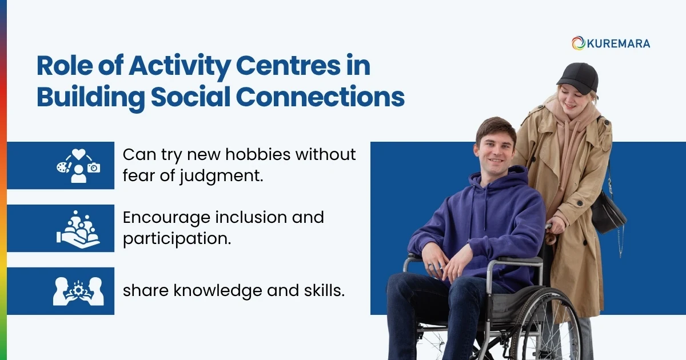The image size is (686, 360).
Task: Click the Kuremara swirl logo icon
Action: point(578,43)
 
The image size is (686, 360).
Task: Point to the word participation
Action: point(177,239)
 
